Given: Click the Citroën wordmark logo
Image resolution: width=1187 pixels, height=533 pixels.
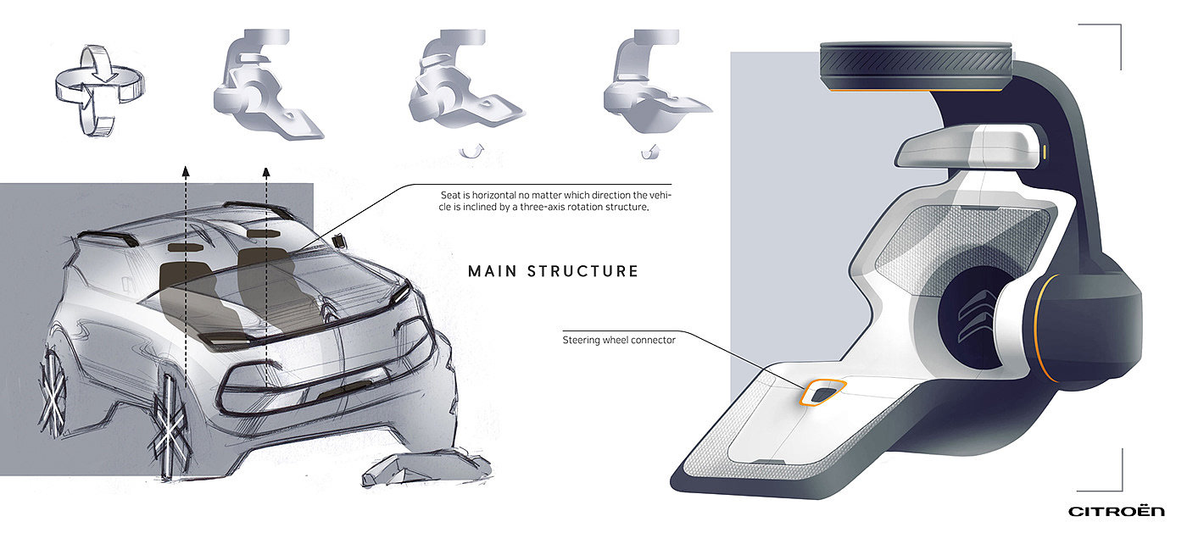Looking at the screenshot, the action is click(1117, 511).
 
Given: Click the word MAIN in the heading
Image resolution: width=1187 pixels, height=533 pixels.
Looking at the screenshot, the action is click(493, 271).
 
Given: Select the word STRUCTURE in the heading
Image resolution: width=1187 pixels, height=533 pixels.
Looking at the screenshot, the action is click(583, 271).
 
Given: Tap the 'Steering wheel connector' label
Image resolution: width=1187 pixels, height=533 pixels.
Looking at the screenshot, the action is click(619, 340).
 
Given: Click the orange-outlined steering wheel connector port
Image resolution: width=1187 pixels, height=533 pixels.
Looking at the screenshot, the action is click(823, 392).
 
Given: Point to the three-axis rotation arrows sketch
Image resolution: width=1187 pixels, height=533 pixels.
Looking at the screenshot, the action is click(100, 92).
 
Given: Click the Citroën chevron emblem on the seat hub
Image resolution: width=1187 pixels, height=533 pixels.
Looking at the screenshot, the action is click(975, 316).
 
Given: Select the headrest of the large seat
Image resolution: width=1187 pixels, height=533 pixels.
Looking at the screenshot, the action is click(970, 147).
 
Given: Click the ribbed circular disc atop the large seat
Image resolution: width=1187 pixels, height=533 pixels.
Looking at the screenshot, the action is click(916, 66).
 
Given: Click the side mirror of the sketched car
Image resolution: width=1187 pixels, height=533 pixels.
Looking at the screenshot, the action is click(339, 242).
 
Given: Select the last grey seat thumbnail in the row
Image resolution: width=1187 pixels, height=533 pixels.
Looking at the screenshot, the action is click(656, 81).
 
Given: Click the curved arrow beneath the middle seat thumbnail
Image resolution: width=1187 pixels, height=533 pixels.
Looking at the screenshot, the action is click(471, 152).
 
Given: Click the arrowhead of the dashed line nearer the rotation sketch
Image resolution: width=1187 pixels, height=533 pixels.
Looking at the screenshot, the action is click(186, 171).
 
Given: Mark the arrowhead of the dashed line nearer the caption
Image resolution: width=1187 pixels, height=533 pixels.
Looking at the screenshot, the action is click(266, 172).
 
